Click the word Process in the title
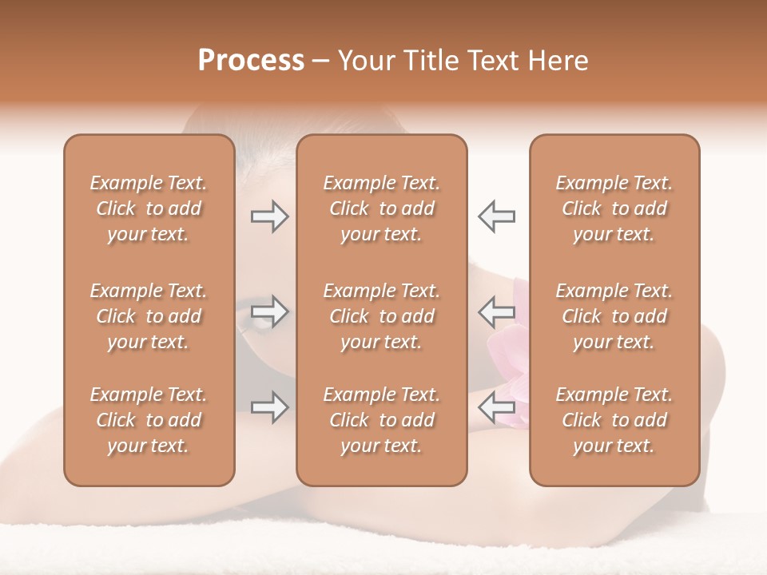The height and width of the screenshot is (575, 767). pyautogui.click(x=251, y=61)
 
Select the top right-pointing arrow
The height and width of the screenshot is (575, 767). pyautogui.click(x=269, y=216)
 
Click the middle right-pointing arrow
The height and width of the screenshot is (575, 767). pyautogui.click(x=269, y=311)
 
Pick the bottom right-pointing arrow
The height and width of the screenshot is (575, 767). pyautogui.click(x=269, y=407)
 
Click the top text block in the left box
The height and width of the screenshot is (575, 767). pyautogui.click(x=149, y=208)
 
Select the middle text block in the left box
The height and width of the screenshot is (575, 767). pyautogui.click(x=149, y=316)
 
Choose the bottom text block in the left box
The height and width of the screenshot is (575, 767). pyautogui.click(x=149, y=420)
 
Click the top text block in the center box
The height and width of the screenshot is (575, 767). pyautogui.click(x=381, y=208)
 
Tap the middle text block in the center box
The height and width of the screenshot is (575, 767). pyautogui.click(x=381, y=316)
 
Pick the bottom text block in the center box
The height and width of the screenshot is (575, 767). pyautogui.click(x=381, y=420)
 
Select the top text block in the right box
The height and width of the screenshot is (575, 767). pyautogui.click(x=614, y=208)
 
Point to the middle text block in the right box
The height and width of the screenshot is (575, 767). pyautogui.click(x=614, y=316)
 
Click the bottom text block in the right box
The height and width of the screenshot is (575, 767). pyautogui.click(x=614, y=420)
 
